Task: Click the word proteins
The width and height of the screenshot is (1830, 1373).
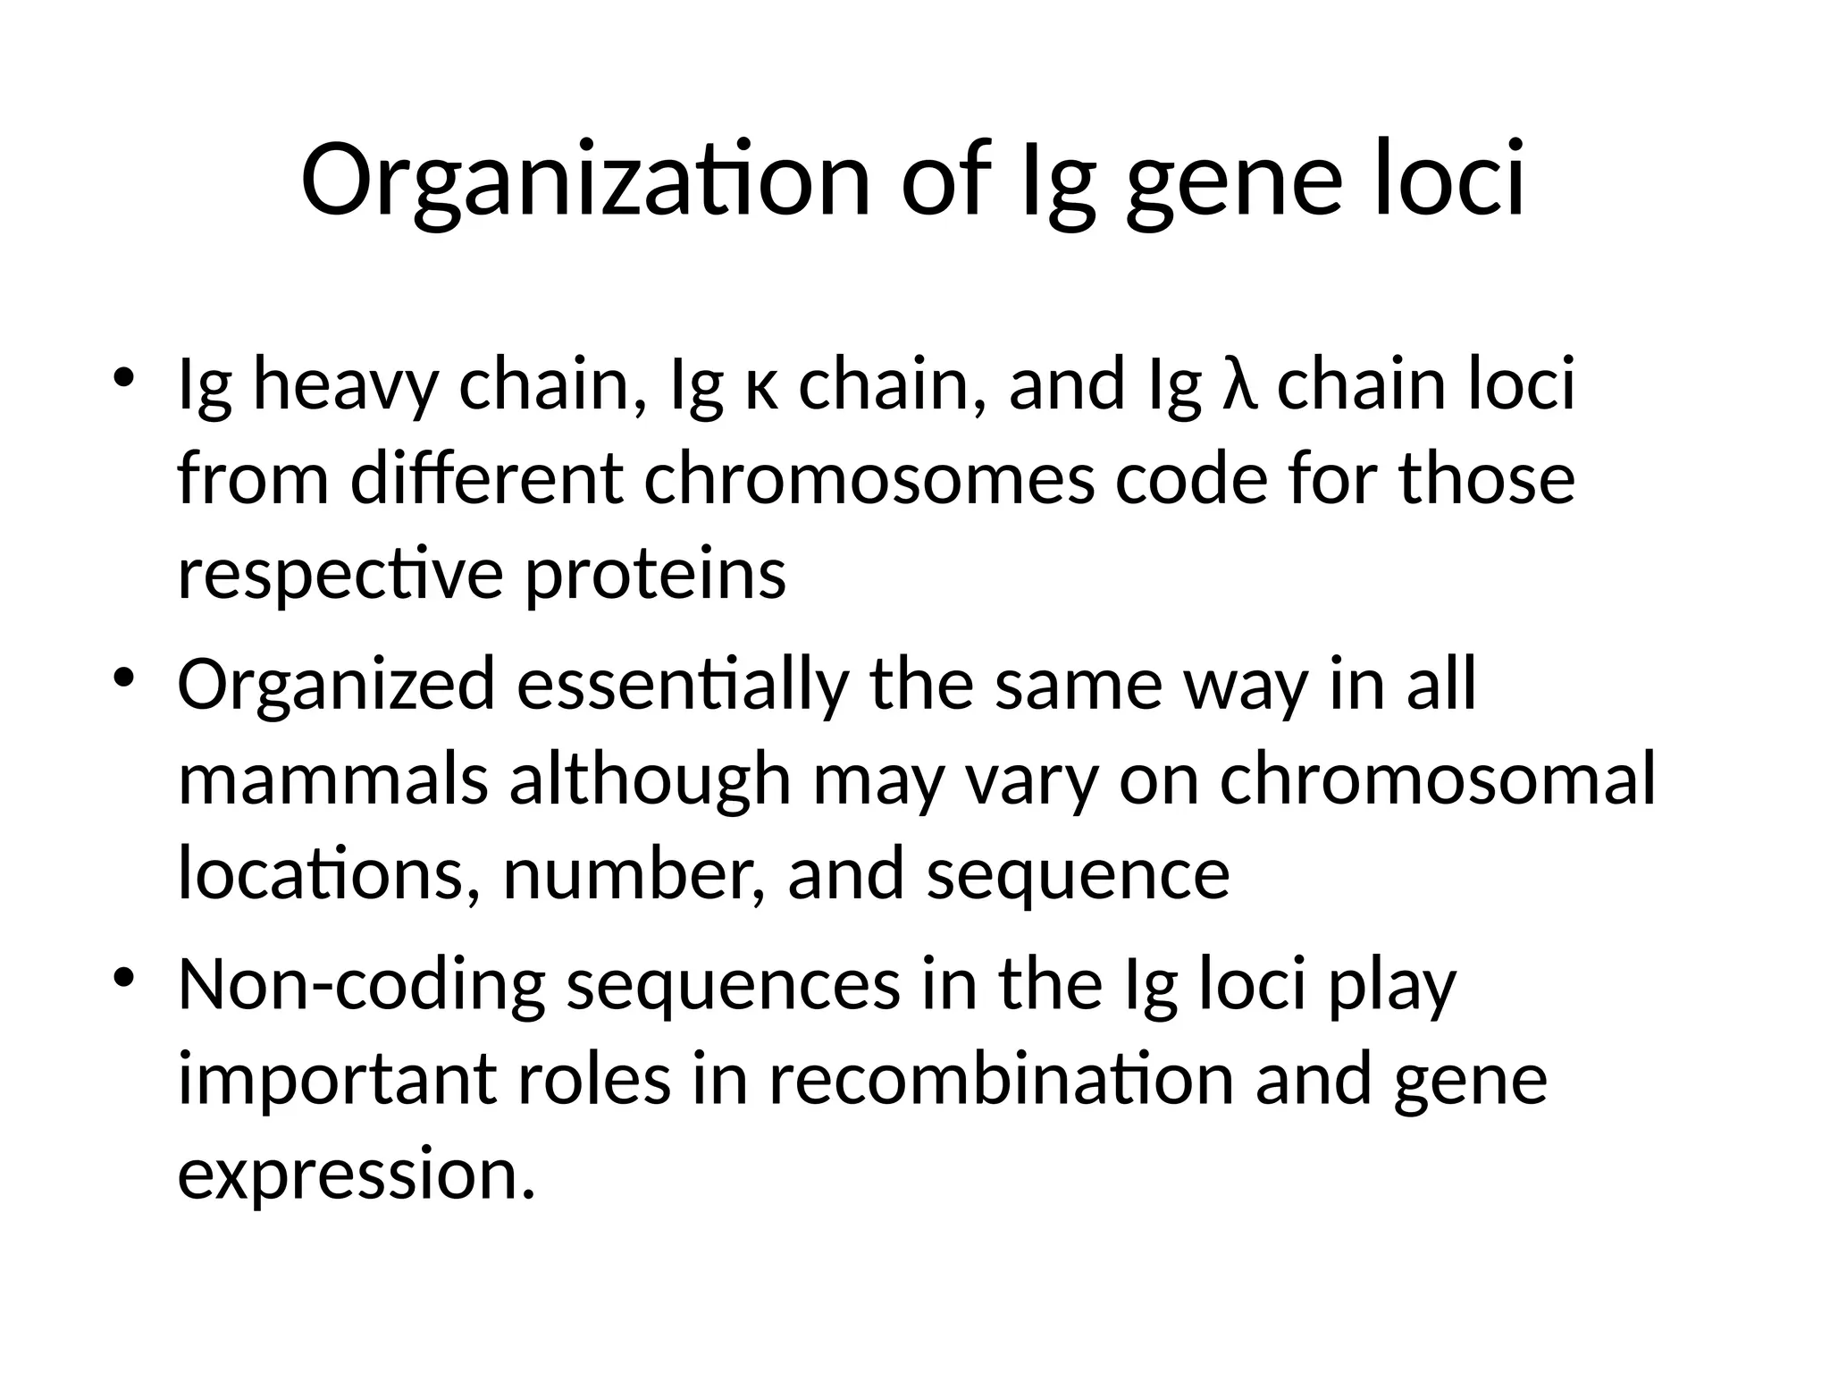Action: coord(654,575)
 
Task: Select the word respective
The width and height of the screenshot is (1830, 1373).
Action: coord(340,575)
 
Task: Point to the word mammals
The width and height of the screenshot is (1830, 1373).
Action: coord(332,779)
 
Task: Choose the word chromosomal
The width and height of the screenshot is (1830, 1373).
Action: coord(1437,779)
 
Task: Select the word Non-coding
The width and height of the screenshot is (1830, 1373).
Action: coord(361,985)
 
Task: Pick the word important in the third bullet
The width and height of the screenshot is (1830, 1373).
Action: coord(336,1082)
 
